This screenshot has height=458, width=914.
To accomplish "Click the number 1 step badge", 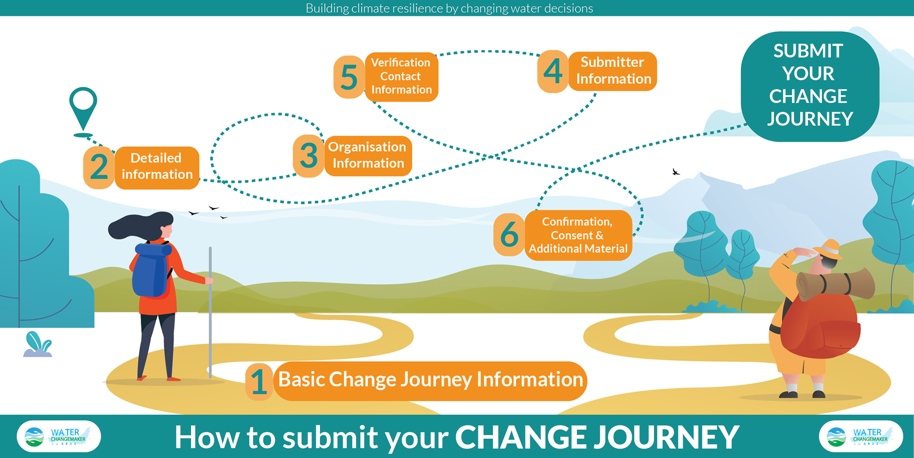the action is tap(259, 382).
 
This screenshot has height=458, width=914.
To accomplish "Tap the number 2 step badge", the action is tap(99, 167).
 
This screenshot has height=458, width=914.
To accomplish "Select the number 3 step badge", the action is tap(309, 156).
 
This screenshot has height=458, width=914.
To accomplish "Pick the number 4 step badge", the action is tap(553, 71).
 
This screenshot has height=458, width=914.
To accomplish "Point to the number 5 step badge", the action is tap(349, 77).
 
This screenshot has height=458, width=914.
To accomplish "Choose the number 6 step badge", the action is tap(509, 235).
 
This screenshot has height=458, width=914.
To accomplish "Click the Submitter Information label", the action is tap(613, 71).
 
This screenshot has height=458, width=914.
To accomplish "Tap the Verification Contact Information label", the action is tap(401, 77).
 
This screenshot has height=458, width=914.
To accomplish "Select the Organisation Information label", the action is tap(368, 155).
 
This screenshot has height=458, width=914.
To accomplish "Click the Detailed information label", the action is tap(157, 167).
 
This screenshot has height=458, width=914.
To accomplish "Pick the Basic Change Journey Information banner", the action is tap(430, 381).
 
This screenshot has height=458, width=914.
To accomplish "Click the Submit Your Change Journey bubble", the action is tap(810, 86).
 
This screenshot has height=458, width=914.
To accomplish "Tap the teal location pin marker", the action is tap(83, 111).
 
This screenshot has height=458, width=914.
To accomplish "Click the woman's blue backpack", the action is tap(151, 270).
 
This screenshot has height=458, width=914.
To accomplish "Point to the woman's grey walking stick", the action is tap(210, 312).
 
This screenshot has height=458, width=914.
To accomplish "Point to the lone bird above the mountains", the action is tap(676, 172).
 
